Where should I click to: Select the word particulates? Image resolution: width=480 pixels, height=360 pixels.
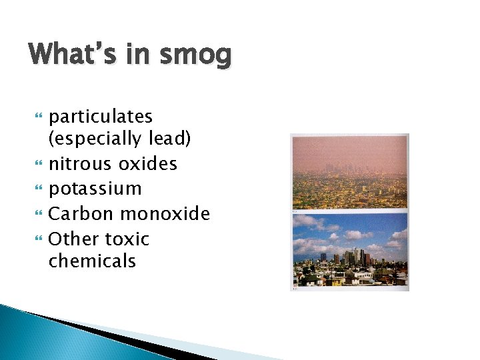pyautogui.click(x=101, y=117)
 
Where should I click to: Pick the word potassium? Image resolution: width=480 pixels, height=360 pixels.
pyautogui.click(x=95, y=189)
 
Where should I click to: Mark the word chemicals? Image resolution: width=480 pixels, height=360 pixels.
pyautogui.click(x=92, y=261)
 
